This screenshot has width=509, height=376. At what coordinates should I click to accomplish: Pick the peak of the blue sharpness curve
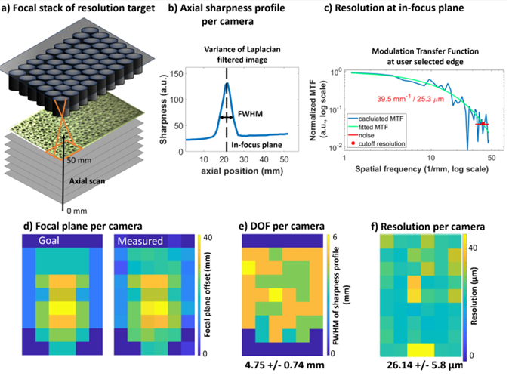click(226, 83)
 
